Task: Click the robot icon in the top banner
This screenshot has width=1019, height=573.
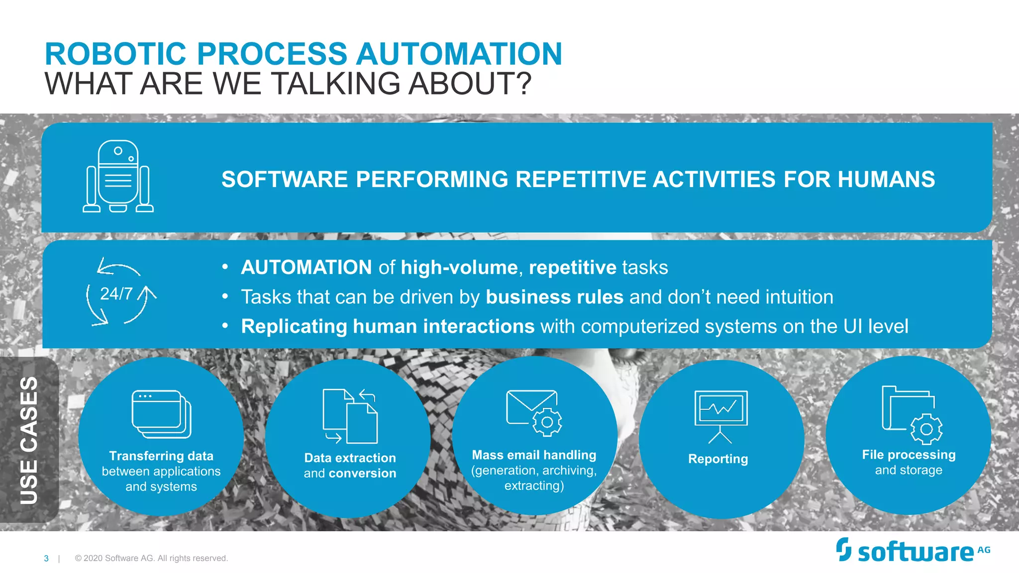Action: (118, 177)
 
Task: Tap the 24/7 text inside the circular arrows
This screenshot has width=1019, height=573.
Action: (116, 294)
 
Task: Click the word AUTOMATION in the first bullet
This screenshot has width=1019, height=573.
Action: (306, 268)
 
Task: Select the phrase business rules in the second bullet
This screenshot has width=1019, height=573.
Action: (554, 297)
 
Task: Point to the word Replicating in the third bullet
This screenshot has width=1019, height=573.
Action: (294, 326)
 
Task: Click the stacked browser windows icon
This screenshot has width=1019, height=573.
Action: (161, 414)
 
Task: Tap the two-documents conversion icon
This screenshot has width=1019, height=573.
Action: (350, 416)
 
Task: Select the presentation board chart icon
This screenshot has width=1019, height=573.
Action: (720, 416)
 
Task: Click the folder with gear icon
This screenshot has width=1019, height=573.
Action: (911, 414)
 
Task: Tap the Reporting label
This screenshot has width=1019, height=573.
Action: (717, 459)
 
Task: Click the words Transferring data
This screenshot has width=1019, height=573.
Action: (161, 456)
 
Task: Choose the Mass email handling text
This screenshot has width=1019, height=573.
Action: (534, 455)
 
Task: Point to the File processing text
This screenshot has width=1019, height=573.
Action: (909, 455)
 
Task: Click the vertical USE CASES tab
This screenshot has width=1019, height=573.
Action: (29, 440)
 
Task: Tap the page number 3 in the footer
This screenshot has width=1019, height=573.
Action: (46, 559)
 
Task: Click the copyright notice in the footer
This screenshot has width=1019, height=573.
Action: (151, 558)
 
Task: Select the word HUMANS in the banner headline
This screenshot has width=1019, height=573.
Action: (886, 180)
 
